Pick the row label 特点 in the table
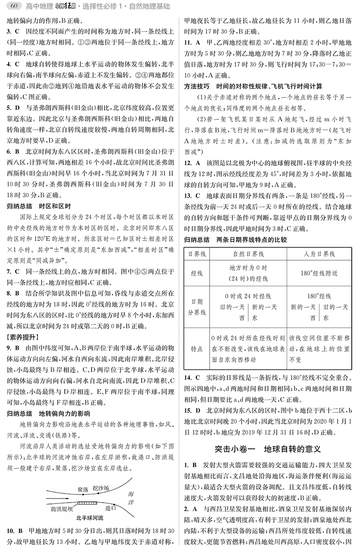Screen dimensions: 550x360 click(x=197, y=349)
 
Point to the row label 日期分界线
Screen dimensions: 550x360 click(x=197, y=307)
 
